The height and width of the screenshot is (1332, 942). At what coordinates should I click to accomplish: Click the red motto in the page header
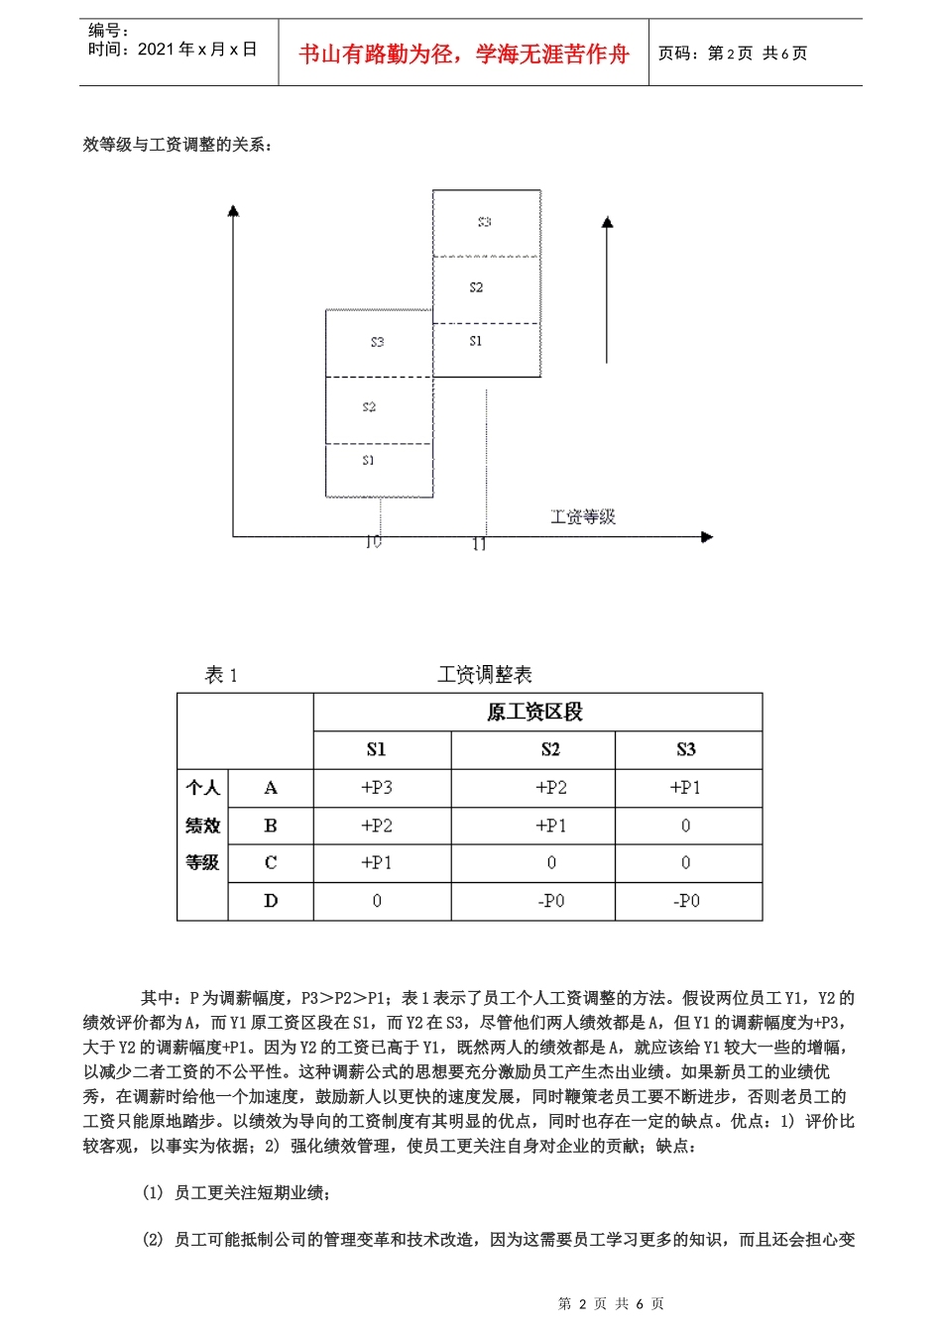tap(464, 54)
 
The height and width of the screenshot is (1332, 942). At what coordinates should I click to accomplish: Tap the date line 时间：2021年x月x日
tap(173, 50)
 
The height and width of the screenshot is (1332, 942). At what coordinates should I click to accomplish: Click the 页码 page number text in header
tap(733, 54)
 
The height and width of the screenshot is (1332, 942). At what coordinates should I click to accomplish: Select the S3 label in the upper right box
tap(484, 222)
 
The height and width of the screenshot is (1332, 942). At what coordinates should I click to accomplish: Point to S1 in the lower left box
tap(369, 460)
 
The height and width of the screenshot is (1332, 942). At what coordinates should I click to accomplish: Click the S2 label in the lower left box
tap(369, 406)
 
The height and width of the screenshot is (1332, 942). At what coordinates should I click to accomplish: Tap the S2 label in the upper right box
tap(476, 287)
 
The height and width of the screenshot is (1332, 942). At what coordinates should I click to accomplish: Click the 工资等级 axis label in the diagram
tap(583, 516)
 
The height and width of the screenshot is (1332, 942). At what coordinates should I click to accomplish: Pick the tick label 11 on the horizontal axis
tap(480, 544)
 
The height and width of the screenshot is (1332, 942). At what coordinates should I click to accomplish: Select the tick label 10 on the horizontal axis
tap(373, 542)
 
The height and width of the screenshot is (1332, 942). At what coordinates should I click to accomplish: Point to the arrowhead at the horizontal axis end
tap(707, 537)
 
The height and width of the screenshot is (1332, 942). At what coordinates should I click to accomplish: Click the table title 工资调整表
tap(485, 675)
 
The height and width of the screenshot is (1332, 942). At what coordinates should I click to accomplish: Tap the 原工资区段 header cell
tap(534, 712)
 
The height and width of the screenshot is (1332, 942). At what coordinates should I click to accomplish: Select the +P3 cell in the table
tap(377, 788)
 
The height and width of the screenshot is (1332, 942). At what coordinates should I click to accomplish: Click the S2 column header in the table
tap(550, 749)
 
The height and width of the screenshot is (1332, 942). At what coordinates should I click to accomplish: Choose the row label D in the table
tap(271, 901)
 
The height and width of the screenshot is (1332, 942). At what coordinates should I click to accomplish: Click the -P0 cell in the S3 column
tap(686, 901)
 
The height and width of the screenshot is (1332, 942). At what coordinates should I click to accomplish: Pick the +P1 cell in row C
tap(377, 863)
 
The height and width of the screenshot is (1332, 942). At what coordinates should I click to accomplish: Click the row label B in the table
tap(271, 826)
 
